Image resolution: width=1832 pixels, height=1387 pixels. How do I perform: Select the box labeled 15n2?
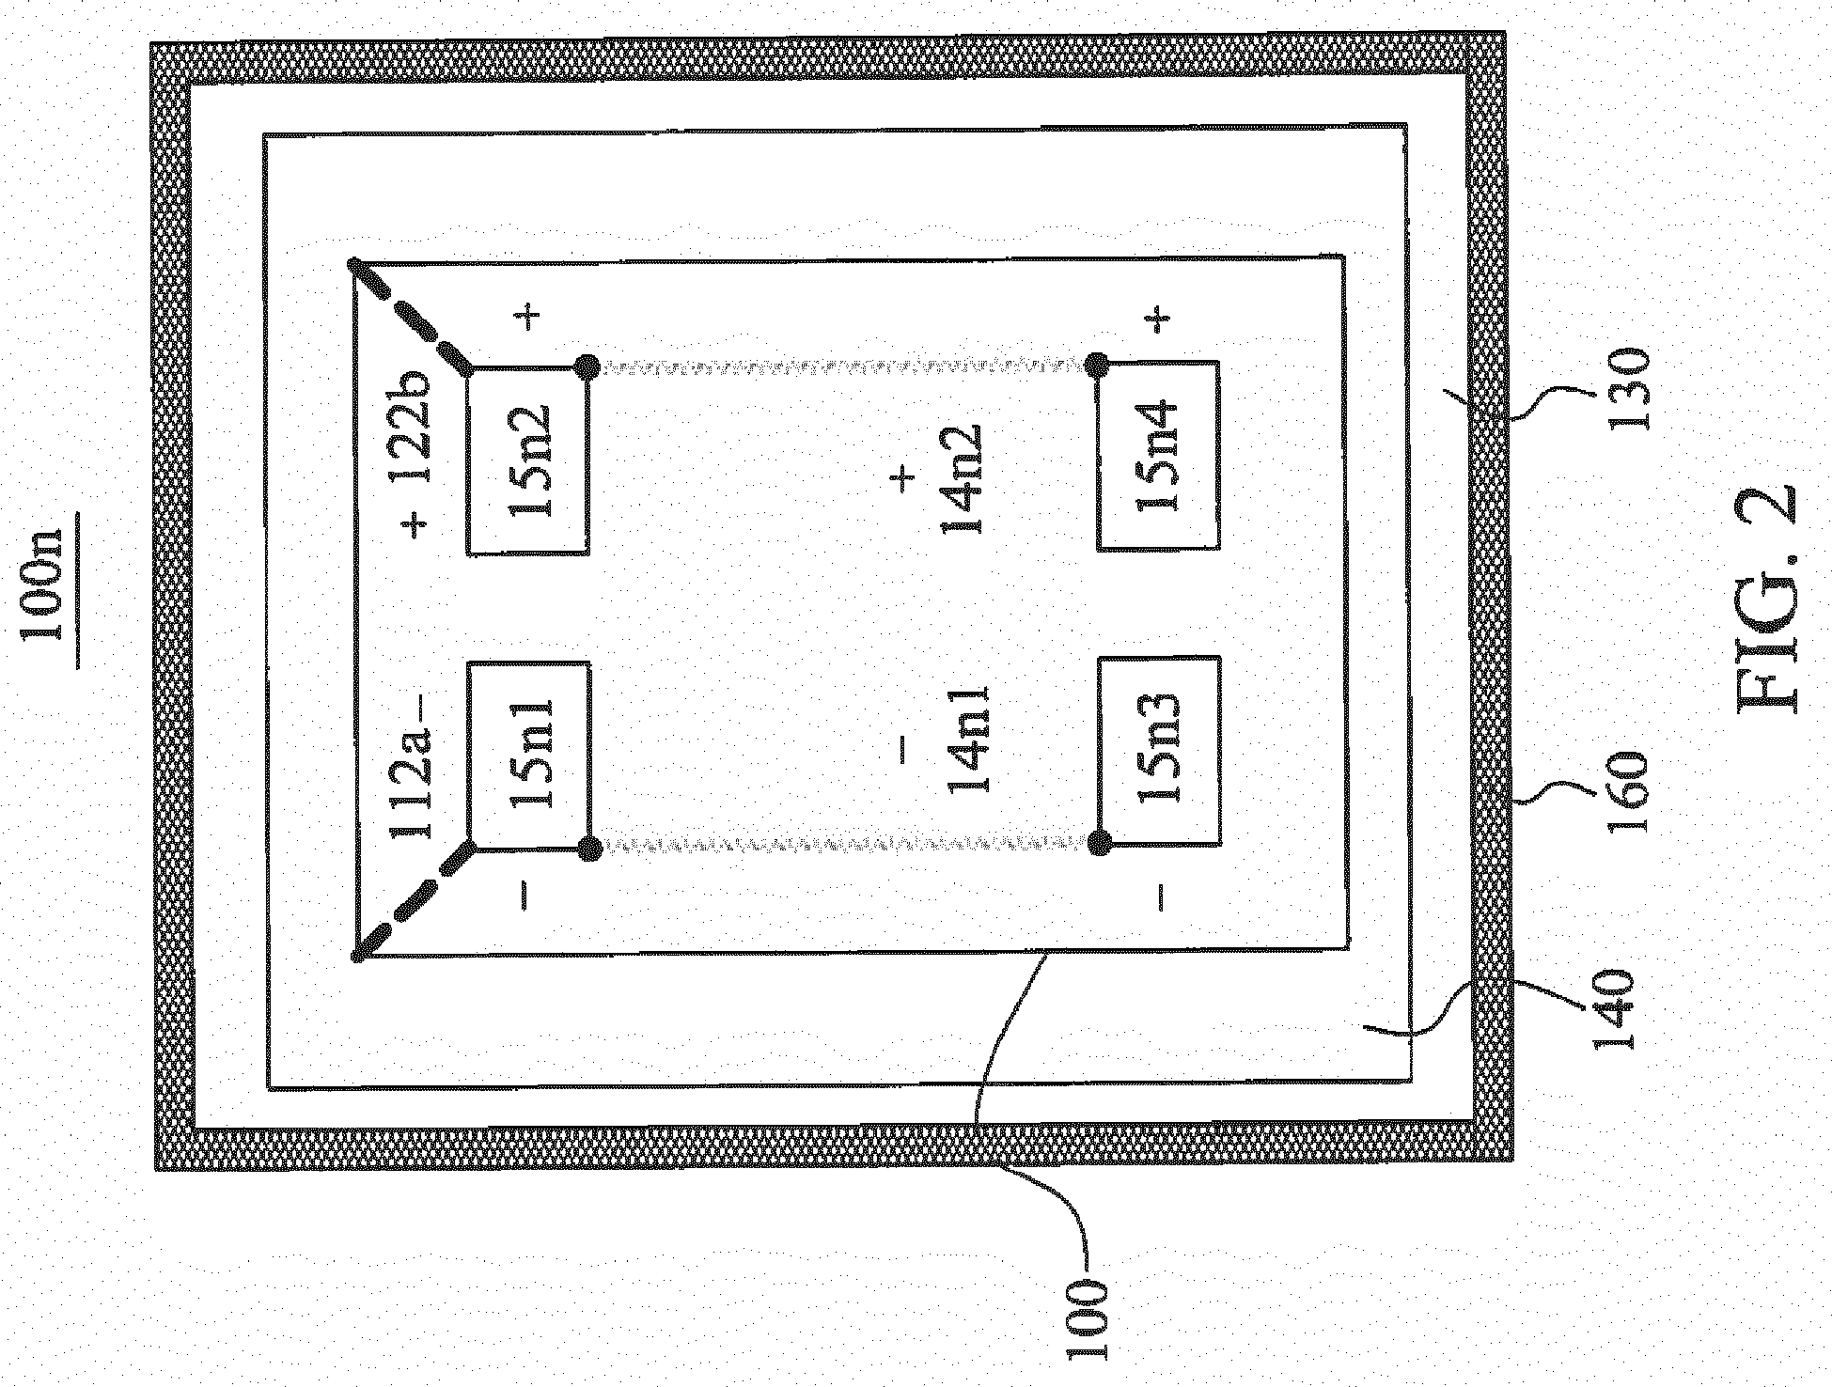(x=528, y=460)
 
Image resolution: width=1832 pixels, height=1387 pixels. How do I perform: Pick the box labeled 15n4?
(x=1159, y=455)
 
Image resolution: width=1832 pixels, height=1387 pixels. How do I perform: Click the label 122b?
(x=413, y=429)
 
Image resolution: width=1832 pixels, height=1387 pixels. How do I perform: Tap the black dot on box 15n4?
(x=1097, y=364)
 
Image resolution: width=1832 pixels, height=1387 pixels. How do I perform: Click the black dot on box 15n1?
(x=589, y=849)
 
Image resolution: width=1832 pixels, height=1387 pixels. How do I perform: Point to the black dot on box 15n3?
(x=1097, y=844)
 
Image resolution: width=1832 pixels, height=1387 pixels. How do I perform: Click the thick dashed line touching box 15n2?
(x=412, y=317)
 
